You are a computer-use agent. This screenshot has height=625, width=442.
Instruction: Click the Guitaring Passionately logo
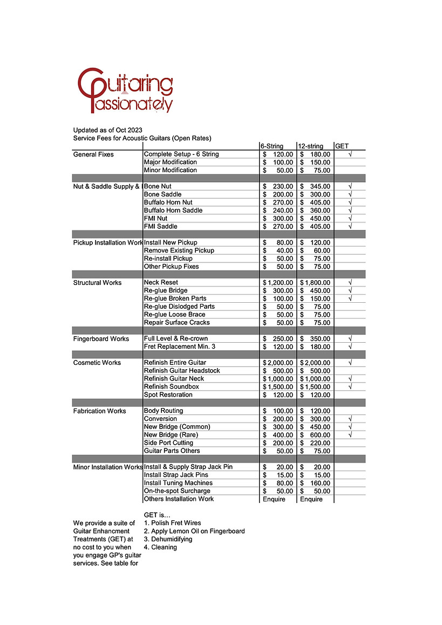pyautogui.click(x=125, y=90)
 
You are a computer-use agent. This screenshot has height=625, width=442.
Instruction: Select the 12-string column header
pyautogui.click(x=311, y=146)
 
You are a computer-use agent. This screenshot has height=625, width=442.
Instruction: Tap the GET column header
pyautogui.click(x=342, y=146)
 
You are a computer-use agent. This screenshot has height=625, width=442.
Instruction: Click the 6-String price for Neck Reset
pyautogui.click(x=278, y=283)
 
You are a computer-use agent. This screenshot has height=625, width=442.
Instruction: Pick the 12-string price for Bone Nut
pyautogui.click(x=315, y=187)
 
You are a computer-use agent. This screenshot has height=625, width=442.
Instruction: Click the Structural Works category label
pyautogui.click(x=98, y=283)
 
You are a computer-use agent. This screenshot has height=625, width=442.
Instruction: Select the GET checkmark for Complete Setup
pyautogui.click(x=350, y=154)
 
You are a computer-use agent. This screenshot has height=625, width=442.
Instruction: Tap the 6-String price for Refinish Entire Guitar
pyautogui.click(x=278, y=363)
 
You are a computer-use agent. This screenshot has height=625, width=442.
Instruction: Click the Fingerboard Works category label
pyautogui.click(x=101, y=339)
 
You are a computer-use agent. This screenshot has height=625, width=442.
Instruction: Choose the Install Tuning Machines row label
pyautogui.click(x=178, y=483)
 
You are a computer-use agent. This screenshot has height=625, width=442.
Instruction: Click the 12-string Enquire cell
pyautogui.click(x=311, y=499)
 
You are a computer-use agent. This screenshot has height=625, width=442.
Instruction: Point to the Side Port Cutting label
pyautogui.click(x=168, y=443)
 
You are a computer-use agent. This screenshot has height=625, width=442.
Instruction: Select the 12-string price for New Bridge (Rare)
pyautogui.click(x=315, y=435)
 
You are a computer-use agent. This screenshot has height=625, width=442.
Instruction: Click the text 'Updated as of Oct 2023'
pyautogui.click(x=108, y=130)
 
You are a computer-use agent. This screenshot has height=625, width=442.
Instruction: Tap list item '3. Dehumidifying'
pyautogui.click(x=168, y=539)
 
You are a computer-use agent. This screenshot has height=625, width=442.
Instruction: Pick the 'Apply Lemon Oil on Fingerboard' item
pyautogui.click(x=194, y=531)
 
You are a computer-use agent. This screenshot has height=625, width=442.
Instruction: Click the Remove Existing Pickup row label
pyautogui.click(x=179, y=250)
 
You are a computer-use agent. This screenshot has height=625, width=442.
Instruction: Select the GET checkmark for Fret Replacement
pyautogui.click(x=350, y=347)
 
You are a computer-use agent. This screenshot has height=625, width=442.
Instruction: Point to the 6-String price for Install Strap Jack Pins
pyautogui.click(x=278, y=475)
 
